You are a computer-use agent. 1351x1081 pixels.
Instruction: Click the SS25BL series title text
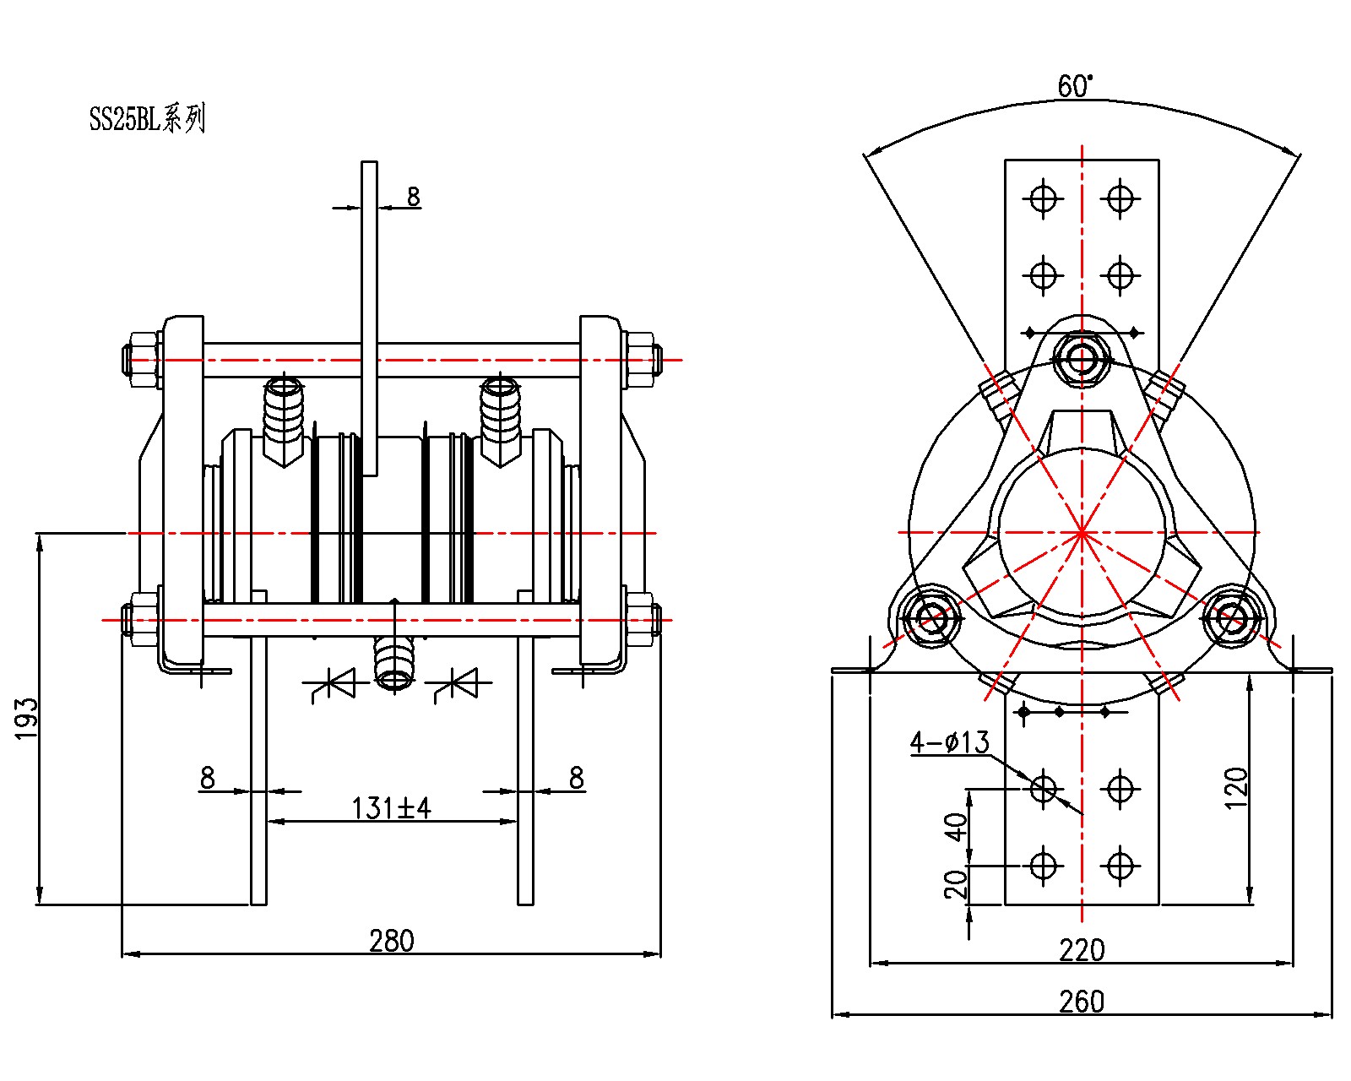pos(147,119)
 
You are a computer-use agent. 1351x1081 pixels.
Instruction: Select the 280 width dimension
pos(391,940)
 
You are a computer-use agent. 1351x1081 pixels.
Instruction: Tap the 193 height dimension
pos(27,718)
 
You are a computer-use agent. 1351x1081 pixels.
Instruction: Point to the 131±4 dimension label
pos(391,808)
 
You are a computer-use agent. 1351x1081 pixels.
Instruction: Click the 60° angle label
pos(1075,86)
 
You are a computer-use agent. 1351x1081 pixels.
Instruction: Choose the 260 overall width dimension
pos(1081,1002)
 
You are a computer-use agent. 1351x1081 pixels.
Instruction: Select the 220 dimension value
pos(1081,951)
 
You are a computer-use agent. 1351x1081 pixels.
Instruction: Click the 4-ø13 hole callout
pos(949,742)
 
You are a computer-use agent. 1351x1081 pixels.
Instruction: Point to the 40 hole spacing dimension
pos(956,827)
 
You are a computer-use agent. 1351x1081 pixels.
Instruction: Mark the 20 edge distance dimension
pos(956,884)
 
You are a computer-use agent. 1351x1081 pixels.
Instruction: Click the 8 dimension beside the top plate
pos(412,197)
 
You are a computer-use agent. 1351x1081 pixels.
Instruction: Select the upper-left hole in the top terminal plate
pos(1043,198)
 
